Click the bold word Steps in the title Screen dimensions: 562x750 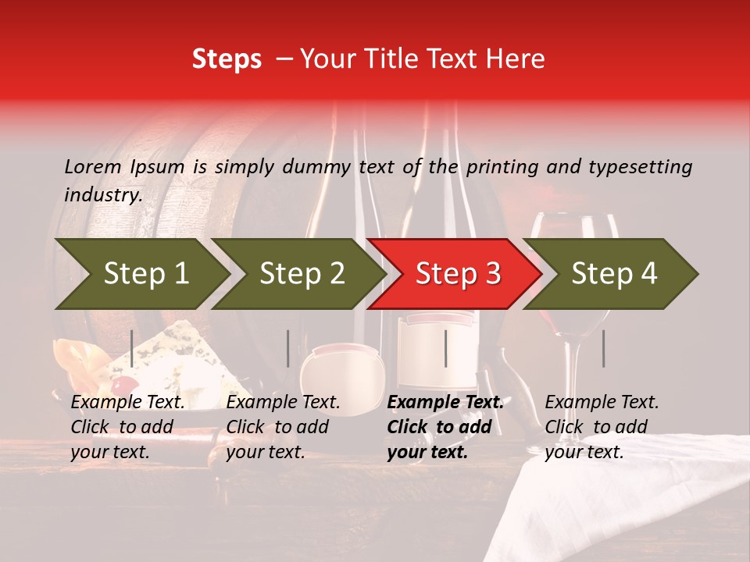[227, 59]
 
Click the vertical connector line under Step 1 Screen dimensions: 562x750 [132, 348]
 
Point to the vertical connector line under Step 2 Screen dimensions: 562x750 [288, 348]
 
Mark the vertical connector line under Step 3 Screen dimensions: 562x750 [445, 348]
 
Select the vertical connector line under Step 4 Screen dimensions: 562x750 [603, 348]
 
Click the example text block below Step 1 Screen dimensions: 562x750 [127, 427]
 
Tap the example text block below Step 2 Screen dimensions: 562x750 [283, 427]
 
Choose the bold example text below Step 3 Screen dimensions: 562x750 [445, 427]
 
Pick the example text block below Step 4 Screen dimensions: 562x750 [602, 427]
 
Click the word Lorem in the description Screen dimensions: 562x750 [93, 166]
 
